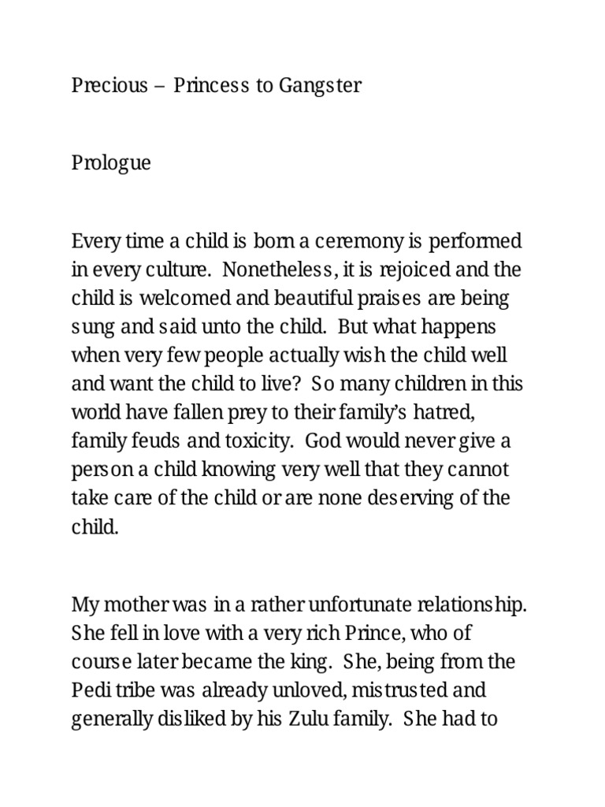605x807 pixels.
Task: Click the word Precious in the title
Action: (x=109, y=86)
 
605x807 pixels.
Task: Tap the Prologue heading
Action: (x=111, y=164)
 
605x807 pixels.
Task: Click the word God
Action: (x=321, y=441)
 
